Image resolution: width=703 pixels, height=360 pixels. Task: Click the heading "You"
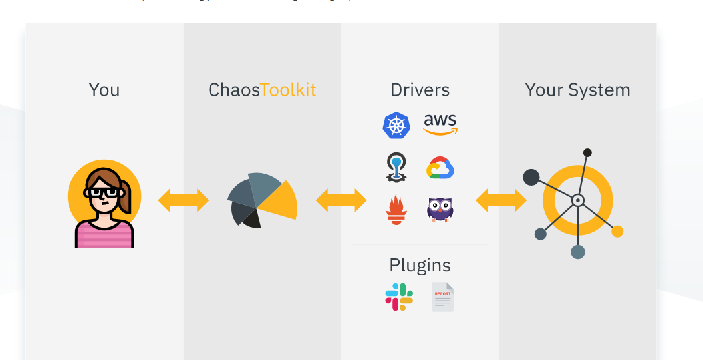[x=104, y=90]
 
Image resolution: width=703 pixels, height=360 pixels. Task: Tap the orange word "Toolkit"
[x=288, y=90]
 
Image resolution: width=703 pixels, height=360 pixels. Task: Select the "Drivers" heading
[x=420, y=90]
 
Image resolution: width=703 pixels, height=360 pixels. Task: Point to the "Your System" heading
[x=577, y=90]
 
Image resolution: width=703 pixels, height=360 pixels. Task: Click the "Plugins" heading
[x=420, y=265]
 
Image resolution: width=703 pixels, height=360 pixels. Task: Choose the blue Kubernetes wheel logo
[x=396, y=125]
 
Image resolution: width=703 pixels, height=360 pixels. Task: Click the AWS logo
[x=440, y=124]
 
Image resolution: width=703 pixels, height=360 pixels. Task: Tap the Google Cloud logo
[x=440, y=168]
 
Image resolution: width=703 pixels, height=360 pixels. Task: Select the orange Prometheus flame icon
[x=396, y=210]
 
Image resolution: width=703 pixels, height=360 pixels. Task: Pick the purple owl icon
[x=440, y=209]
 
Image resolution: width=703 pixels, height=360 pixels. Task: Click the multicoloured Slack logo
[x=399, y=297]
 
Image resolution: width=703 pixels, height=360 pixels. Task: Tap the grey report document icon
[x=442, y=297]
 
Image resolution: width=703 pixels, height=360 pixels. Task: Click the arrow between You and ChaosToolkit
[x=183, y=200]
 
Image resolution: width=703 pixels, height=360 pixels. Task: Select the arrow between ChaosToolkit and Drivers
[x=341, y=200]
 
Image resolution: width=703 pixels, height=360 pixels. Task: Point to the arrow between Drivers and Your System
[x=501, y=200]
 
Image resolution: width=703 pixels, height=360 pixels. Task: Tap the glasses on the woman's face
[x=104, y=192]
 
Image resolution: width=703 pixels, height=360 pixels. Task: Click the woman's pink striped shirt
[x=104, y=234]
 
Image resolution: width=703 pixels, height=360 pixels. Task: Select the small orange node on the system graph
[x=617, y=231]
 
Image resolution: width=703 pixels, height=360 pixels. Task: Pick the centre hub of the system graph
[x=577, y=200]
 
